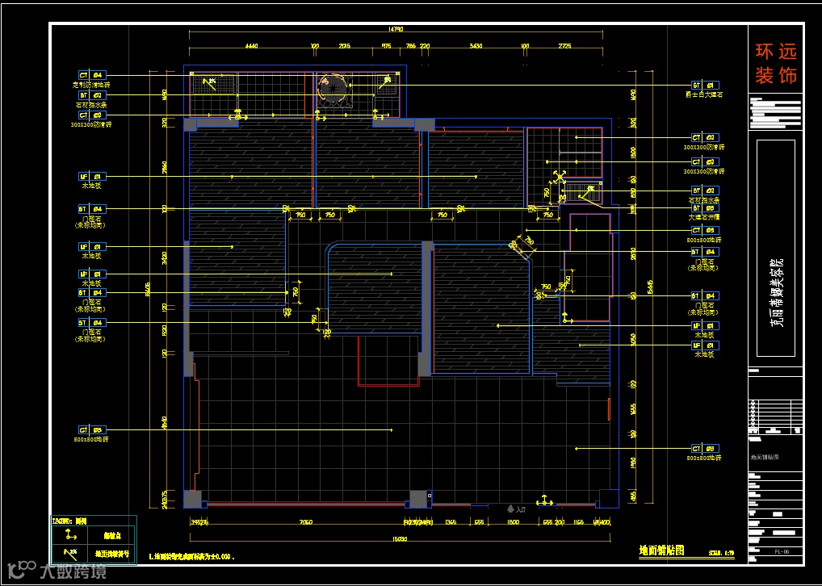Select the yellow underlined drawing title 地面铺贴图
pyautogui.click(x=661, y=550)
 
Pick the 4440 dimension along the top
pyautogui.click(x=250, y=46)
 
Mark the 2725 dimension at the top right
pyautogui.click(x=564, y=46)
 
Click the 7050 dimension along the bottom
pyautogui.click(x=305, y=523)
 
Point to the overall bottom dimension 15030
pyautogui.click(x=400, y=538)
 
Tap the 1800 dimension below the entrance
pyautogui.click(x=513, y=523)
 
